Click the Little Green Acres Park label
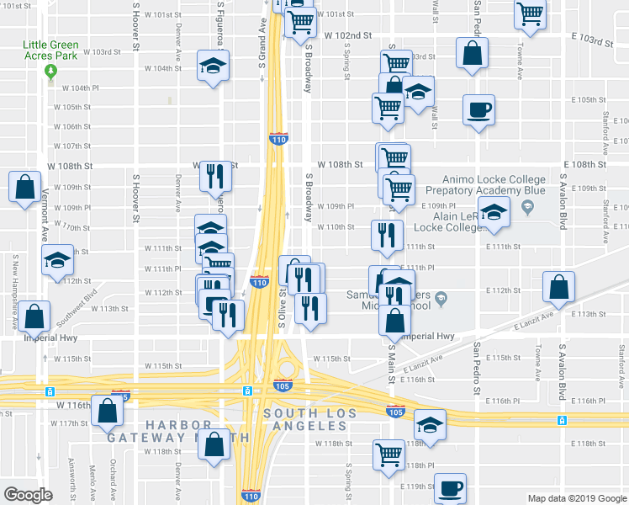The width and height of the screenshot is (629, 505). pos(50,50)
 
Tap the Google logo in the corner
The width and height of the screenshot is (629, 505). pos(28,495)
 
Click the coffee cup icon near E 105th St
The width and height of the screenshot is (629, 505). pos(478,109)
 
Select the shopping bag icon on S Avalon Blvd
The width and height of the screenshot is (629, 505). pos(559,287)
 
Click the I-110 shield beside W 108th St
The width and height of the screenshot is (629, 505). pos(278,137)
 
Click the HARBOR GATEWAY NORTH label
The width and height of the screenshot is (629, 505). pos(178,429)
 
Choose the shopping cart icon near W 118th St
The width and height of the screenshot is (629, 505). pos(388,454)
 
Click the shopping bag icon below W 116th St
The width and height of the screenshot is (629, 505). pos(107,412)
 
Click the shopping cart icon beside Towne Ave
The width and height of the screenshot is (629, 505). pos(530,13)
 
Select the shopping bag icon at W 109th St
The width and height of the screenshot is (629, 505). pos(24,186)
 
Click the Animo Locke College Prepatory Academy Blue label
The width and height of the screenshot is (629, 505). pos(500,184)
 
